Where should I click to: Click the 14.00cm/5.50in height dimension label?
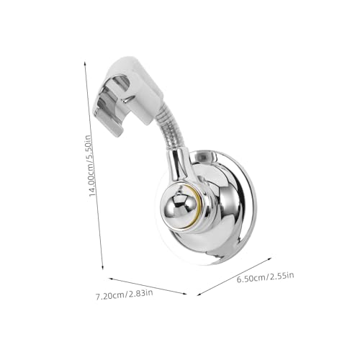(90, 166)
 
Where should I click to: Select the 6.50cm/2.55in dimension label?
(265, 277)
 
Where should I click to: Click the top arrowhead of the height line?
(85, 63)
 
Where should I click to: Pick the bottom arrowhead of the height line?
(103, 267)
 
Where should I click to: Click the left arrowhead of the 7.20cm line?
(111, 279)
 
